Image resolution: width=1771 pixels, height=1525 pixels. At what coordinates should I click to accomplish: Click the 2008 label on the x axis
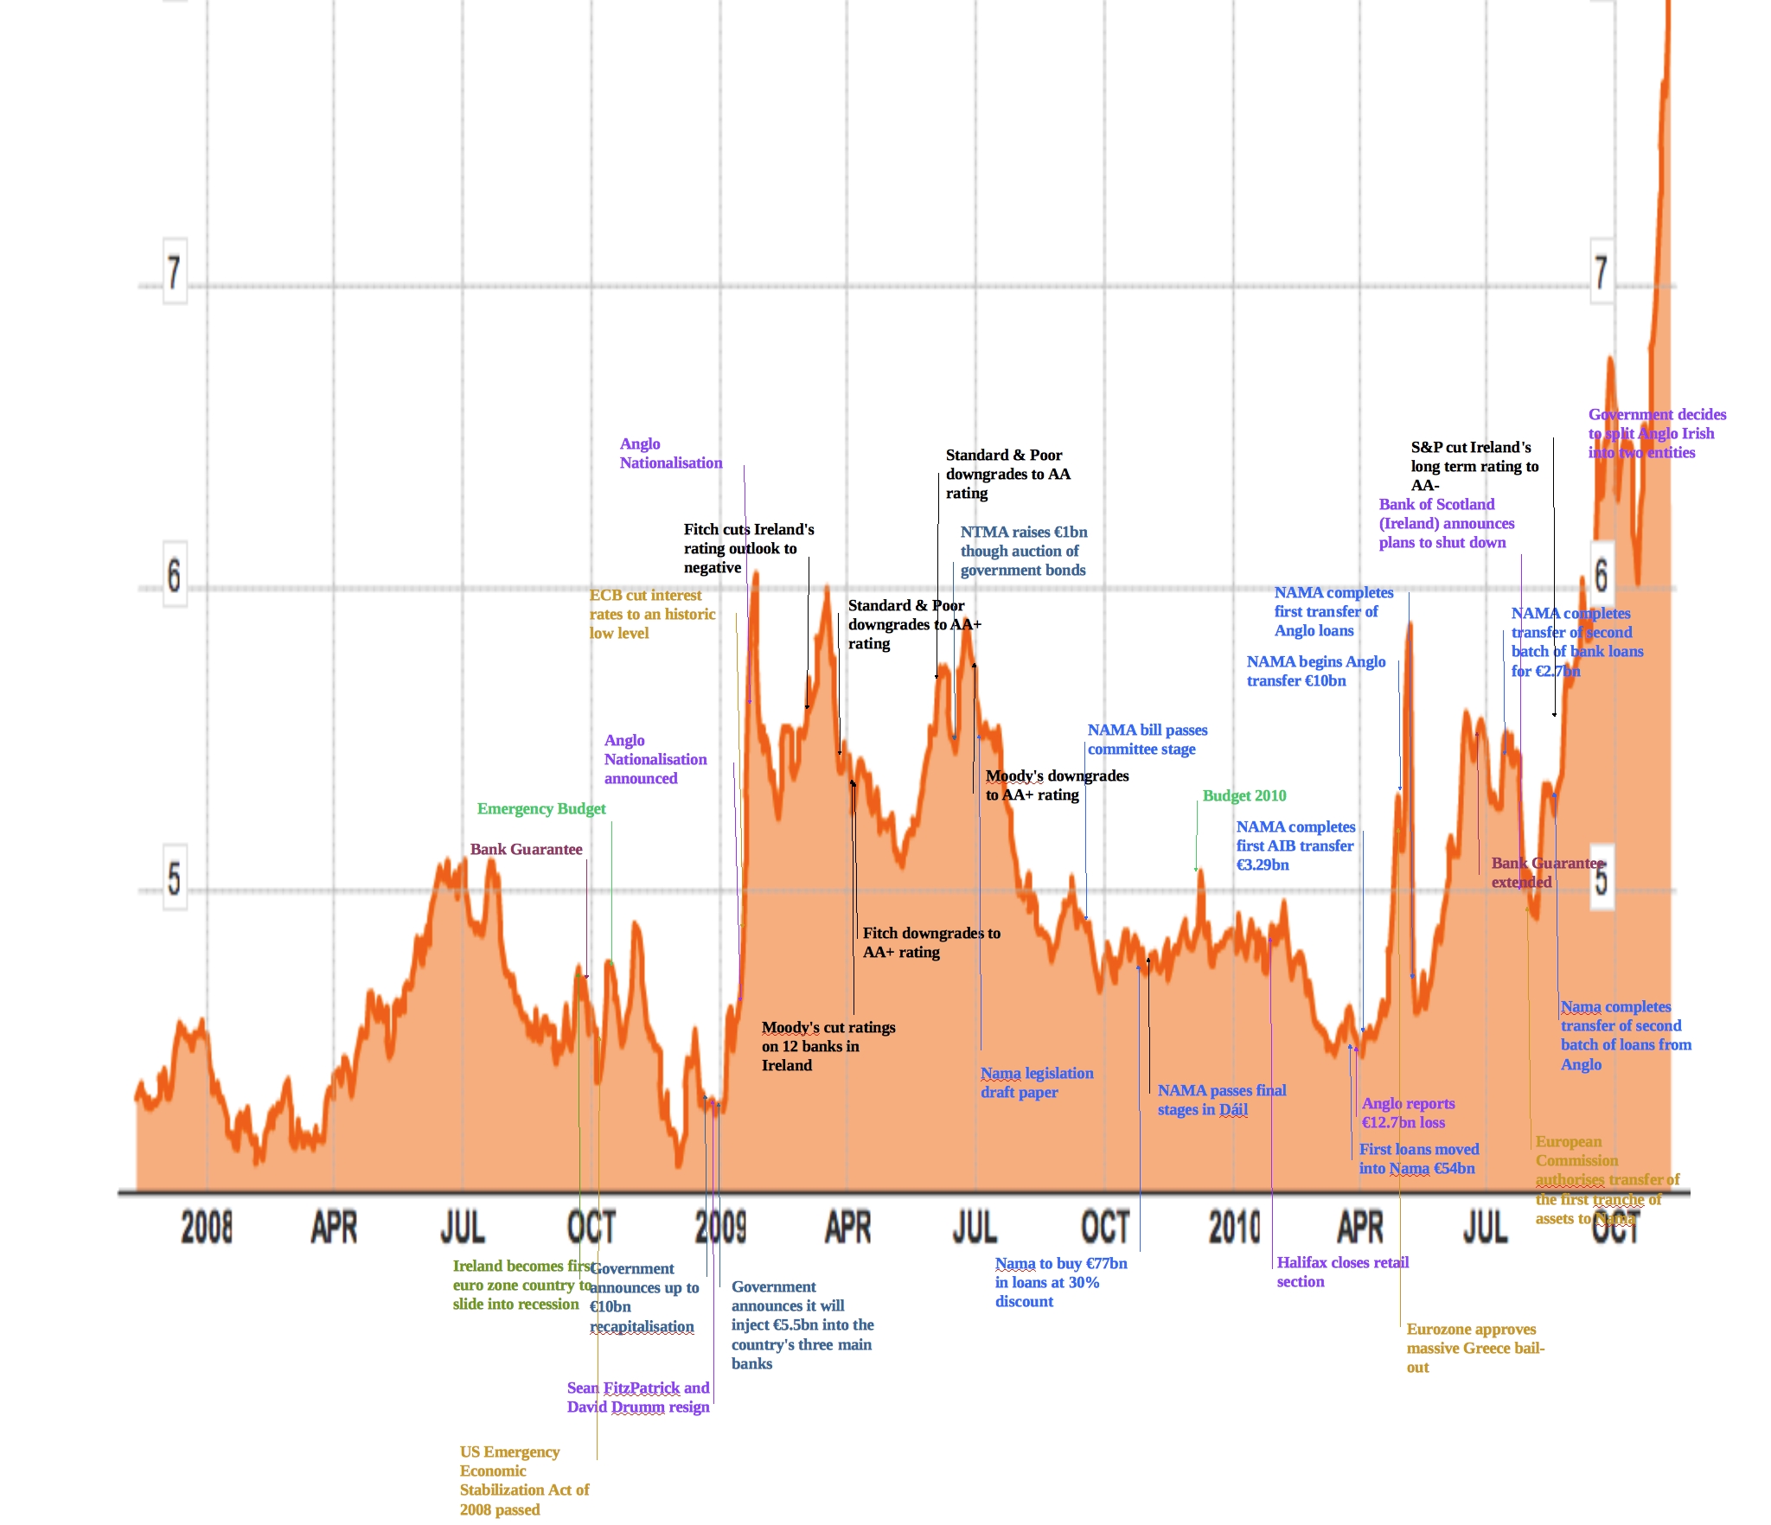pos(207,1227)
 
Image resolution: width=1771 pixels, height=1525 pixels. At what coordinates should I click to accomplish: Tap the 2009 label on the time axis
pos(720,1227)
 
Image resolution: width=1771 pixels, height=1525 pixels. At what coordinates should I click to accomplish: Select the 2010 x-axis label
pos(1234,1227)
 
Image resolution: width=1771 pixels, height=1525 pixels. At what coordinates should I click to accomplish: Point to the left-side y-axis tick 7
pos(175,272)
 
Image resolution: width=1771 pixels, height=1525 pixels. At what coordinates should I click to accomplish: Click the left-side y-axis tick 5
pos(175,877)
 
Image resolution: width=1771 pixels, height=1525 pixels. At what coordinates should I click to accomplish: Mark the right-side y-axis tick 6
pos(1601,575)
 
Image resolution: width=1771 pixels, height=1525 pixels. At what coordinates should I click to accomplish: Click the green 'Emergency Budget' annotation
pos(541,809)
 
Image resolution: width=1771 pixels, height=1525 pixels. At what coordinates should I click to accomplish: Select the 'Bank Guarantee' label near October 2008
pos(526,850)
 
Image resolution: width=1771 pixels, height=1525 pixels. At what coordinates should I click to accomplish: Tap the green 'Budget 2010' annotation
pos(1244,796)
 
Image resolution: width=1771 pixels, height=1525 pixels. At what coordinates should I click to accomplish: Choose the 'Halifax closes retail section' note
pos(1342,1272)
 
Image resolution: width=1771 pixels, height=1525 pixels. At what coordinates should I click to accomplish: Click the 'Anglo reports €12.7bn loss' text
pos(1407,1113)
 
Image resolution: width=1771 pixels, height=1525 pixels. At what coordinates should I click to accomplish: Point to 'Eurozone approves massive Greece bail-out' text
pos(1474,1348)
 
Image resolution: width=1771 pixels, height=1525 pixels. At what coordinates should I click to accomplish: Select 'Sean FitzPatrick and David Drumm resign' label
pos(638,1397)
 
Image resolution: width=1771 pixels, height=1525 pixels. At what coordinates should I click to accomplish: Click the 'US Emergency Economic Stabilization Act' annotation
pos(523,1480)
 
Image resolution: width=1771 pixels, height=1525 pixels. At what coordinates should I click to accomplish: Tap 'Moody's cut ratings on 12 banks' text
pos(828,1046)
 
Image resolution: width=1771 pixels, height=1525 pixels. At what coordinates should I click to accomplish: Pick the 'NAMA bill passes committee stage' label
pos(1147,739)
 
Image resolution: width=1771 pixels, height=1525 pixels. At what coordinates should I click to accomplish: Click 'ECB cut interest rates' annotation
pos(652,614)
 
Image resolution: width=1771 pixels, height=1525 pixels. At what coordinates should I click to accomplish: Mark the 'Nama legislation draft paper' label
pos(1036,1082)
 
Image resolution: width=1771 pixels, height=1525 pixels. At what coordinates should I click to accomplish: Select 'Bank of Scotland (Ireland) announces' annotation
pos(1446,523)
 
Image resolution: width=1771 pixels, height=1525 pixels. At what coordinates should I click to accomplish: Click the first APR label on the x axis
pos(334,1227)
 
